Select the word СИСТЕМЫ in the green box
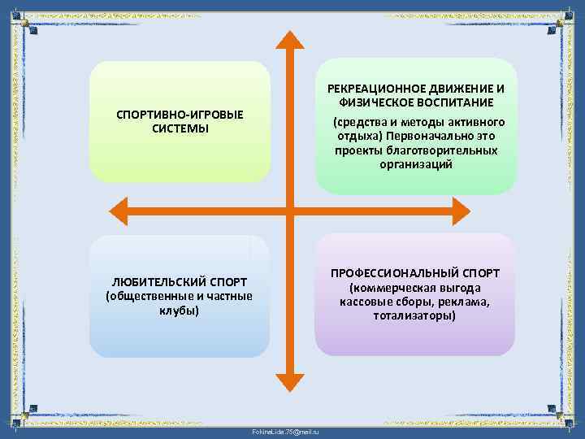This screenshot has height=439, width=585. [x=180, y=128]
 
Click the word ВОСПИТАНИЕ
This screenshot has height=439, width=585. [x=457, y=103]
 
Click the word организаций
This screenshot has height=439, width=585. [x=416, y=164]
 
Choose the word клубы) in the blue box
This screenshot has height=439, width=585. [x=180, y=311]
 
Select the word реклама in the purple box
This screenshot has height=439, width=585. [x=464, y=302]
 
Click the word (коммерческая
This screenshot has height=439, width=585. [x=391, y=288]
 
